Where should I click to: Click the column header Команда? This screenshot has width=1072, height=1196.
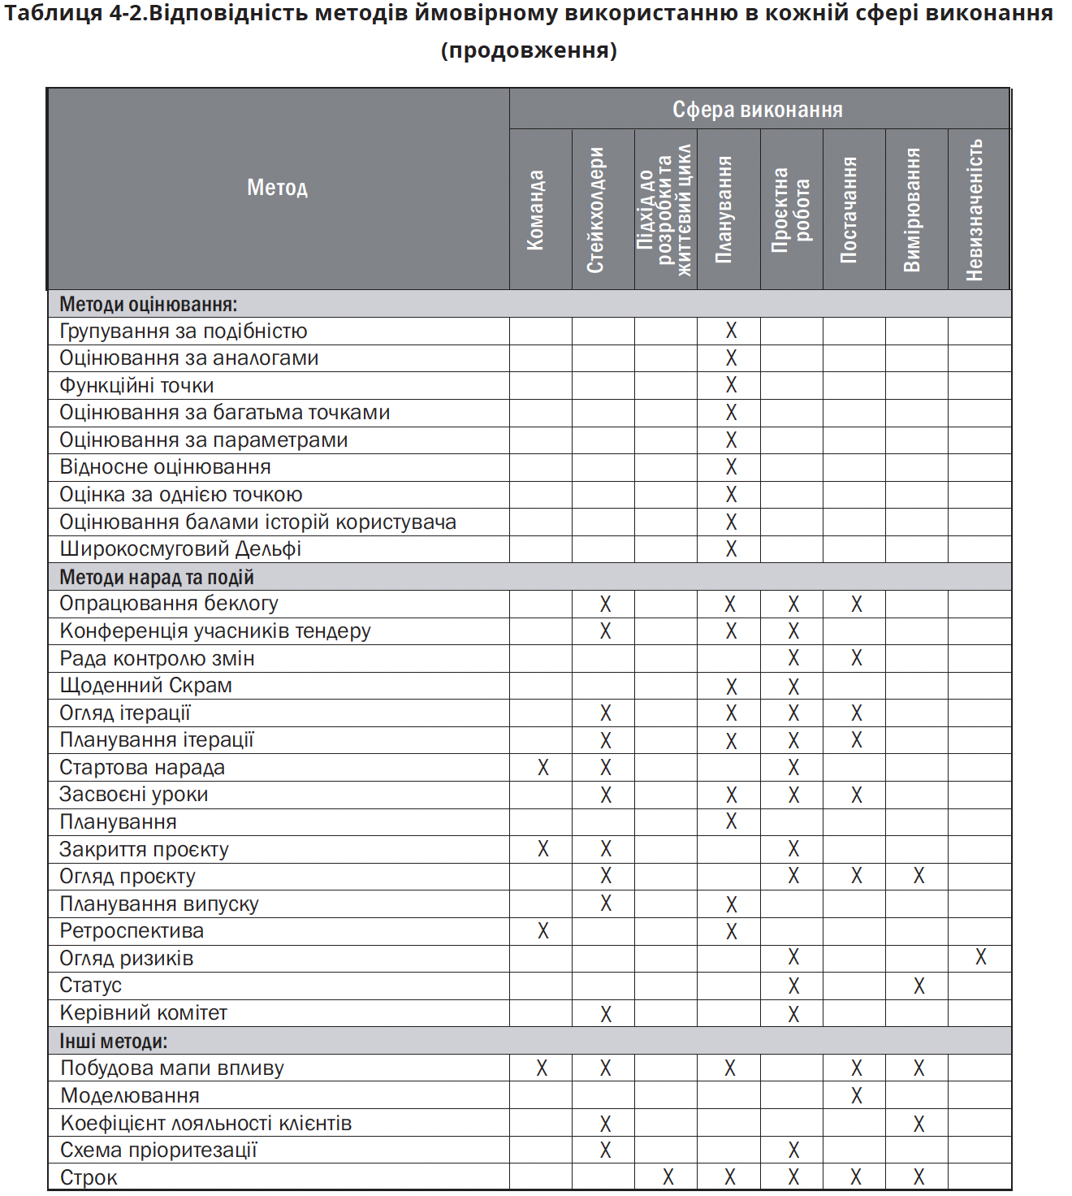pyautogui.click(x=535, y=209)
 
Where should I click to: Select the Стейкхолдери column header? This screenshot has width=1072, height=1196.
pyautogui.click(x=596, y=209)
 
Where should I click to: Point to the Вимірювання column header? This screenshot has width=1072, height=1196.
pyautogui.click(x=913, y=209)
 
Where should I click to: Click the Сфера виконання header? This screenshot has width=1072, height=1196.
pyautogui.click(x=757, y=110)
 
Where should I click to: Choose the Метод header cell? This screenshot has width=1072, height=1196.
pyautogui.click(x=278, y=188)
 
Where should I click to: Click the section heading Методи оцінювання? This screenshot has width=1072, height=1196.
pyautogui.click(x=149, y=305)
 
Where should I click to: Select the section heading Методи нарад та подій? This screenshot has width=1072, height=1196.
pyautogui.click(x=157, y=577)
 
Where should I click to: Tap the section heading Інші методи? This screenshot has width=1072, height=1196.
pyautogui.click(x=114, y=1041)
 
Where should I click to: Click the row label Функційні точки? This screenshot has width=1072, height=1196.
pyautogui.click(x=136, y=385)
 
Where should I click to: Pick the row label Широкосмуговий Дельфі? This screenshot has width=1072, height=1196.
pyautogui.click(x=180, y=549)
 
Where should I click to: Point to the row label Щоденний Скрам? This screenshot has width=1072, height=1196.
pyautogui.click(x=146, y=686)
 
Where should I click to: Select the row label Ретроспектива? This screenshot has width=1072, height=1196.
pyautogui.click(x=132, y=931)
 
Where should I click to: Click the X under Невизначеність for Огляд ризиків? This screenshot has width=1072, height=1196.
pyautogui.click(x=981, y=958)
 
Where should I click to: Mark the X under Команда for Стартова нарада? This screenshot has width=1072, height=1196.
pyautogui.click(x=543, y=767)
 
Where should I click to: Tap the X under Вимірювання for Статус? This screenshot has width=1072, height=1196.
pyautogui.click(x=919, y=986)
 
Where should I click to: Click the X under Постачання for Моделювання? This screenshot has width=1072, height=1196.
pyautogui.click(x=857, y=1096)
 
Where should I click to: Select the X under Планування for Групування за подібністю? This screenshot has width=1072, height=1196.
pyautogui.click(x=731, y=331)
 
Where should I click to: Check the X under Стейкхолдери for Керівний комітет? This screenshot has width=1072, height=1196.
pyautogui.click(x=606, y=1013)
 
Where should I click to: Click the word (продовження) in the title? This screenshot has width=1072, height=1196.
pyautogui.click(x=529, y=50)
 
